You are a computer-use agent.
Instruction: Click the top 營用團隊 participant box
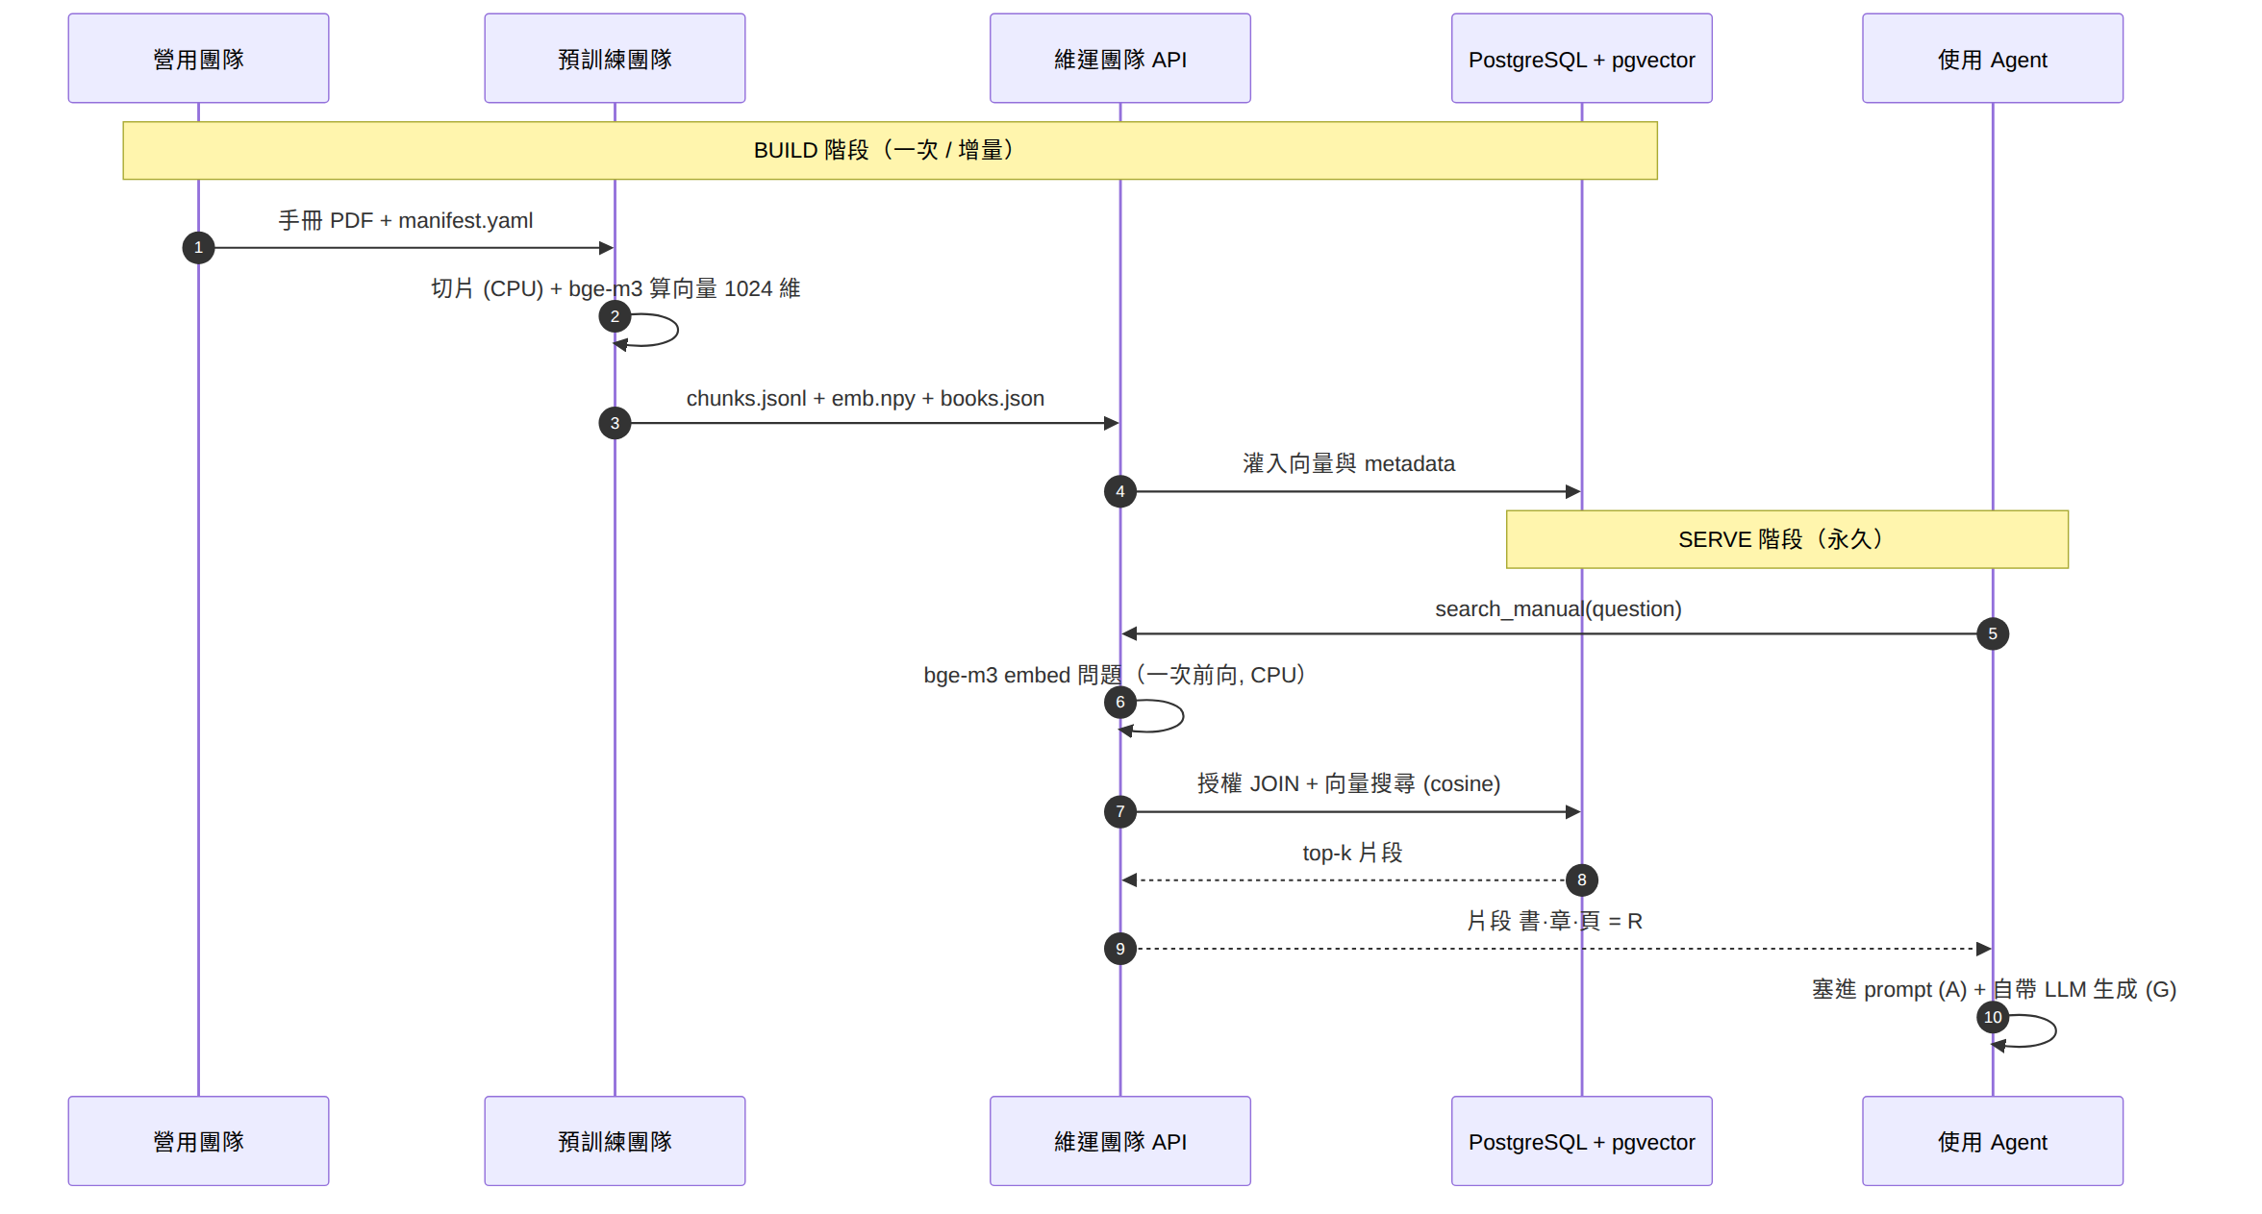pyautogui.click(x=198, y=58)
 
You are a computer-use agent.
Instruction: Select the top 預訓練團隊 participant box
pyautogui.click(x=615, y=58)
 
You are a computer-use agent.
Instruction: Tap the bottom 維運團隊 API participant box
pyautogui.click(x=1120, y=1141)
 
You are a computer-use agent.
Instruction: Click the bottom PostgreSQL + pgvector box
pyautogui.click(x=1582, y=1141)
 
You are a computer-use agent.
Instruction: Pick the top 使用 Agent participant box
pyautogui.click(x=1993, y=58)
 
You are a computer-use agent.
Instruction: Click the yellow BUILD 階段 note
pyautogui.click(x=890, y=150)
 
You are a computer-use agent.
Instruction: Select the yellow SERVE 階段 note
pyautogui.click(x=1787, y=539)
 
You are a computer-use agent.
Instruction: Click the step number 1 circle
pyautogui.click(x=198, y=248)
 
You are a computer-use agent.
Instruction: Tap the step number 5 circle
pyautogui.click(x=1993, y=633)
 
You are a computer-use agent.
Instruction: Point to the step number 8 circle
pyautogui.click(x=1582, y=880)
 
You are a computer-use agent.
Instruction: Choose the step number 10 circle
pyautogui.click(x=1993, y=1017)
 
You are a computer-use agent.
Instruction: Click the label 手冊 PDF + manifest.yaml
pyautogui.click(x=406, y=220)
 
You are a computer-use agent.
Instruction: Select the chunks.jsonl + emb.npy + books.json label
pyautogui.click(x=866, y=398)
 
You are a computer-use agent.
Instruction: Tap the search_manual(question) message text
pyautogui.click(x=1558, y=609)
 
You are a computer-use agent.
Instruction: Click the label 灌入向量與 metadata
pyautogui.click(x=1349, y=463)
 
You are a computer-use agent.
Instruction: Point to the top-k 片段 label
pyautogui.click(x=1352, y=853)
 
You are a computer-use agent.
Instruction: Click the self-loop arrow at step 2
pyautogui.click(x=677, y=330)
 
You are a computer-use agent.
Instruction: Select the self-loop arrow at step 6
pyautogui.click(x=1182, y=716)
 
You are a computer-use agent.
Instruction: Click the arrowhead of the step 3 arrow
pyautogui.click(x=1112, y=423)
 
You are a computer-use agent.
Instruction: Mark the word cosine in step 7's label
pyautogui.click(x=1462, y=784)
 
